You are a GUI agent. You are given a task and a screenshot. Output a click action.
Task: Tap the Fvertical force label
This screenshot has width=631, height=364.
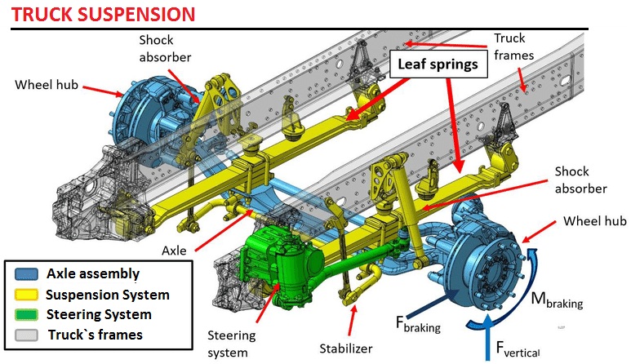point(523,349)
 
